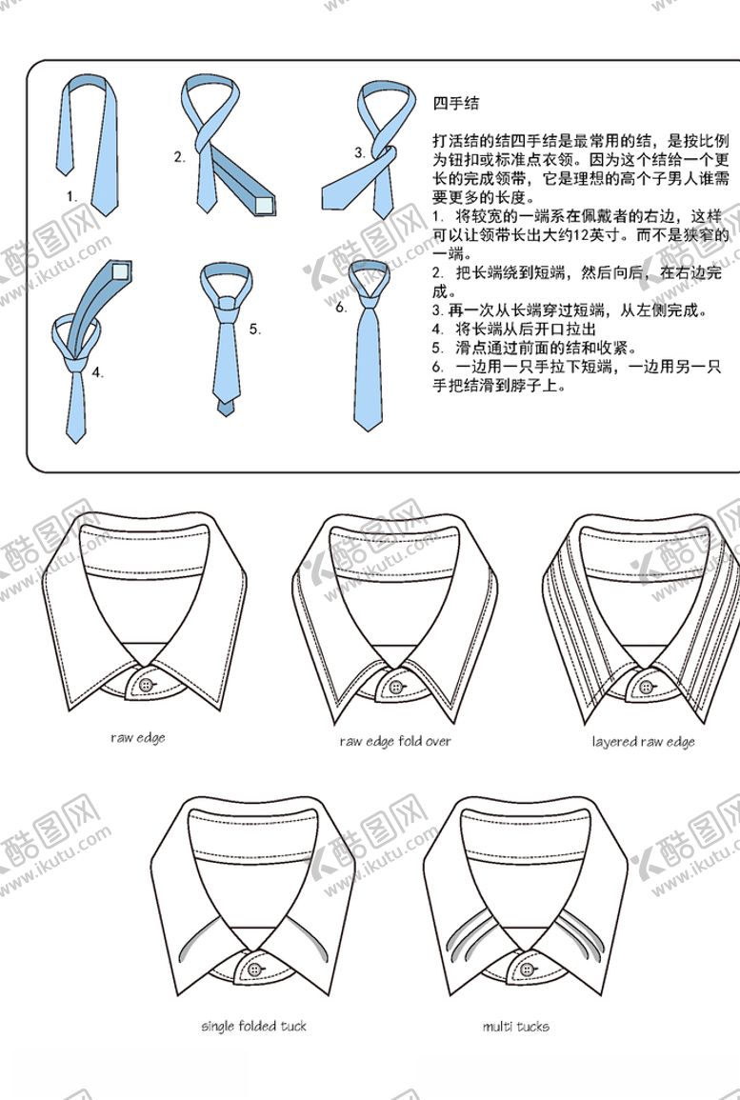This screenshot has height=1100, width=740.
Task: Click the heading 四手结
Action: (456, 103)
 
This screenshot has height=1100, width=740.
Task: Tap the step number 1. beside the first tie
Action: (71, 196)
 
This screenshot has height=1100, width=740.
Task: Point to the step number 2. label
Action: (180, 157)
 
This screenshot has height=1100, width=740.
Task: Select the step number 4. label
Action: (97, 373)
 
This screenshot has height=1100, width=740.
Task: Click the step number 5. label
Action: (254, 329)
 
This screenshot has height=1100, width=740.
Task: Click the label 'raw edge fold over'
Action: (395, 742)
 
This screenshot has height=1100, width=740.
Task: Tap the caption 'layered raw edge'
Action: (643, 742)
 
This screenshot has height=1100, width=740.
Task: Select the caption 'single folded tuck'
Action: (254, 1027)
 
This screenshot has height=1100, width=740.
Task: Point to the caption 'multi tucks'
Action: (515, 1027)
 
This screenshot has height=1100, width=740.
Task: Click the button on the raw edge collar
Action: (146, 686)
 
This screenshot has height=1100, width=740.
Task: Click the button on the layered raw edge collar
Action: (646, 686)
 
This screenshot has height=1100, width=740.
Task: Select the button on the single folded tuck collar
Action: (254, 969)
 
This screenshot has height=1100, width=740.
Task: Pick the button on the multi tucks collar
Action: (529, 969)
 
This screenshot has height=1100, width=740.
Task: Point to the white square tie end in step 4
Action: (120, 271)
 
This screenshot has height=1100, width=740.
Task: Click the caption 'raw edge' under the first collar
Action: (137, 737)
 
